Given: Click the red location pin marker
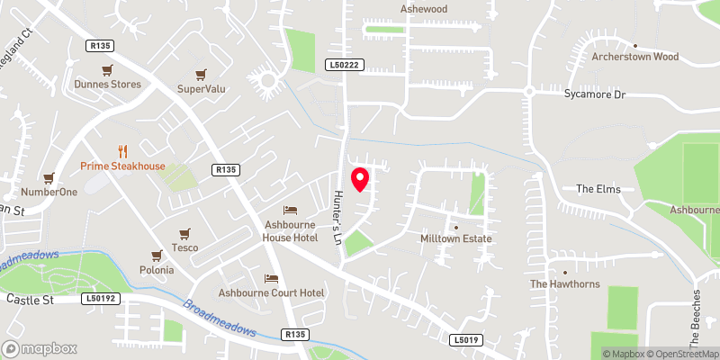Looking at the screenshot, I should (359, 179).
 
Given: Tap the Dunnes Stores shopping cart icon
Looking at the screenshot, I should (108, 69).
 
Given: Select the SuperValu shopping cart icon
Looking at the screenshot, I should (201, 74).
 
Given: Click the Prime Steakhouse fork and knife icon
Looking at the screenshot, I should (122, 151).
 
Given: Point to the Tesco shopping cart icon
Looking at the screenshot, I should (184, 233).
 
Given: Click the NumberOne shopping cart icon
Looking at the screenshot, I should (49, 177).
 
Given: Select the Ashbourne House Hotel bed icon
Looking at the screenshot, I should (290, 210).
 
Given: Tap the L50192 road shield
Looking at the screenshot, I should (101, 298).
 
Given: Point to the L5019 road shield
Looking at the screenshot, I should (463, 340).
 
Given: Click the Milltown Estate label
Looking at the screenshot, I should (456, 238).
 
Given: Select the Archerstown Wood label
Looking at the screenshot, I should (634, 57).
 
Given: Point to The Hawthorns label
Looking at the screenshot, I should (564, 283).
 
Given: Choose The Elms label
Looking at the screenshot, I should (598, 189).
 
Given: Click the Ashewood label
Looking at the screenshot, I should (423, 9).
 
